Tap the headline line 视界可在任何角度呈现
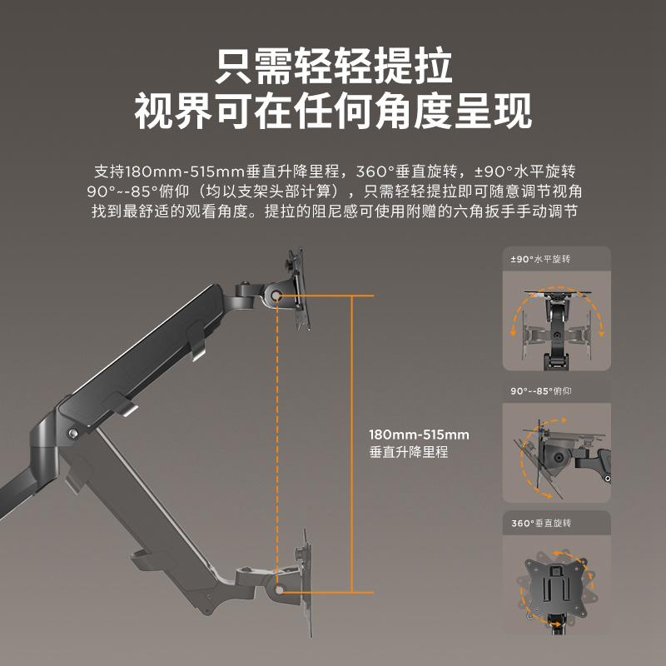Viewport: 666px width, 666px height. [x=333, y=112]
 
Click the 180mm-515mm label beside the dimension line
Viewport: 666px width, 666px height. [x=419, y=435]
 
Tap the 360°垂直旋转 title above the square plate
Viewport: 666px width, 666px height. [x=540, y=523]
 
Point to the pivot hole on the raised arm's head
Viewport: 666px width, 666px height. [x=276, y=296]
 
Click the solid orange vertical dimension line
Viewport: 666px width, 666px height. [x=353, y=441]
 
